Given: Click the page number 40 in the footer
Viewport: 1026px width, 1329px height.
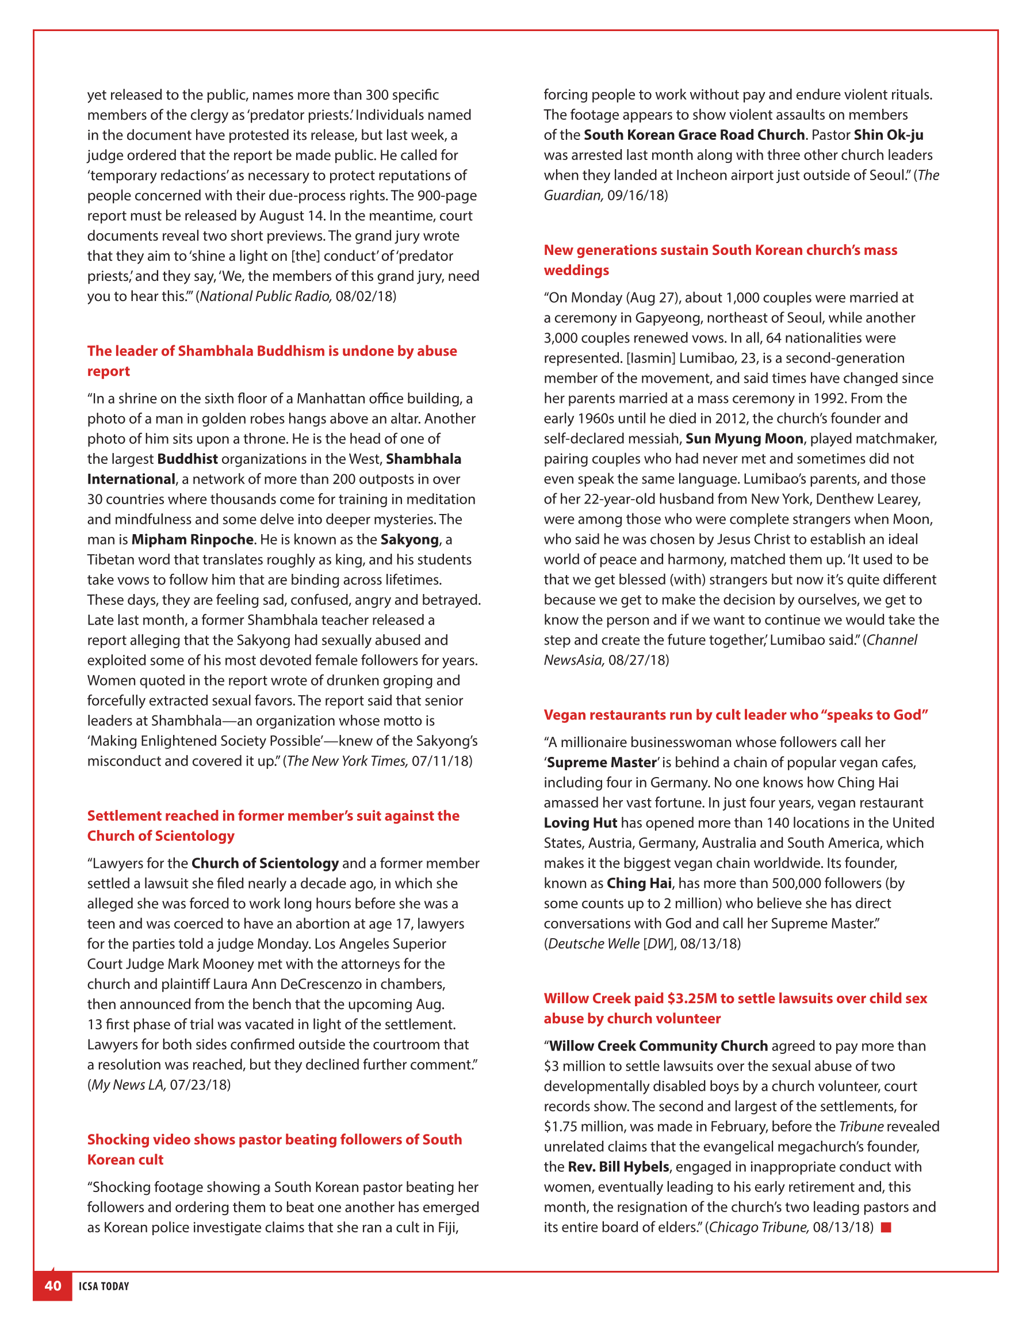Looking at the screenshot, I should pos(53,1285).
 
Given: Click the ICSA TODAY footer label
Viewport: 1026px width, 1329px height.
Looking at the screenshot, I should pos(104,1286).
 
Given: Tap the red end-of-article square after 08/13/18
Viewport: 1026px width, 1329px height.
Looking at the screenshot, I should pos(886,1227).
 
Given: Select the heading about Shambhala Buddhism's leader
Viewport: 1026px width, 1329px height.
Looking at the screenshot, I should pos(272,361).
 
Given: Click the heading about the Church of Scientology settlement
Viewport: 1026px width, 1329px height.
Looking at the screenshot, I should pos(273,825).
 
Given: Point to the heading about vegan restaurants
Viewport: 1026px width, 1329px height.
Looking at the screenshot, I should pos(736,714).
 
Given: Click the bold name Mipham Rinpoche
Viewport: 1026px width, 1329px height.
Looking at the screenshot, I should pos(192,539).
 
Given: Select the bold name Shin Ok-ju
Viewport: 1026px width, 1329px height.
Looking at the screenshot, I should pos(888,135).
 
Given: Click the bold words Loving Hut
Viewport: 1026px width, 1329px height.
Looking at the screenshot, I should pos(580,822).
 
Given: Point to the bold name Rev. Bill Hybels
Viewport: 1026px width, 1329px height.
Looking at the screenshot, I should pos(618,1167).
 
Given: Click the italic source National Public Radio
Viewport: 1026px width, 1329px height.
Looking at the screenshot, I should pos(266,296).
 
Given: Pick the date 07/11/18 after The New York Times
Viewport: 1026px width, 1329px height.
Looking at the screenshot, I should pos(441,761).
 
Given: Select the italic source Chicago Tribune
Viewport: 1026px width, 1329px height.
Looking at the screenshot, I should pos(759,1227).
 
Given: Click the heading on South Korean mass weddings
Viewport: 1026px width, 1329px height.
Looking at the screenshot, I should pos(720,260).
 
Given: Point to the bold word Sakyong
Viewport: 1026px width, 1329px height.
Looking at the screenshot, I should pos(409,539).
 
